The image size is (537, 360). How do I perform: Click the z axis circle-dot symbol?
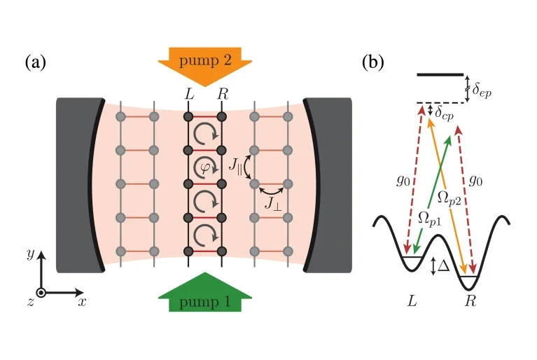(41, 292)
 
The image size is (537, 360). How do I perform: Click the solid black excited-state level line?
(440, 74)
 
